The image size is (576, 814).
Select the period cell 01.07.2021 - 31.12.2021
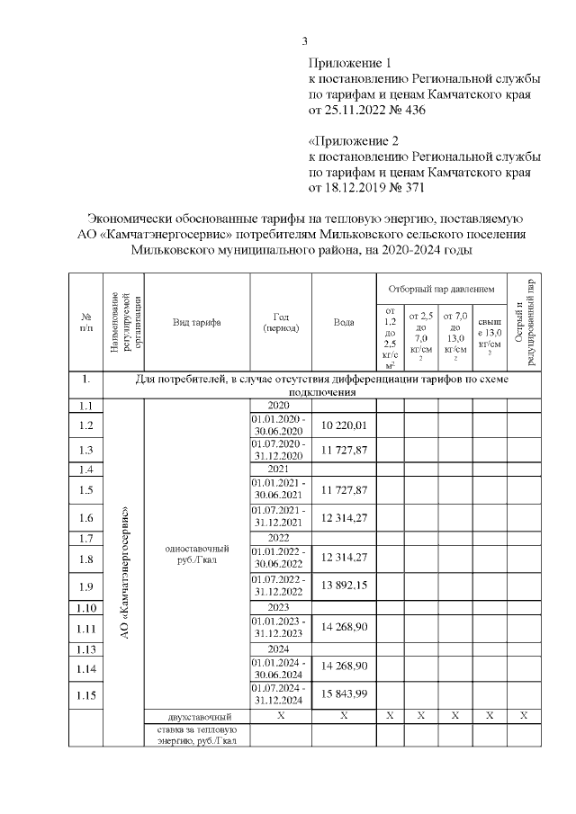pos(281,517)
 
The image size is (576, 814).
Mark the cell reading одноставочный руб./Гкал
pos(197,554)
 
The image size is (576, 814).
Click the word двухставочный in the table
pos(197,715)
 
